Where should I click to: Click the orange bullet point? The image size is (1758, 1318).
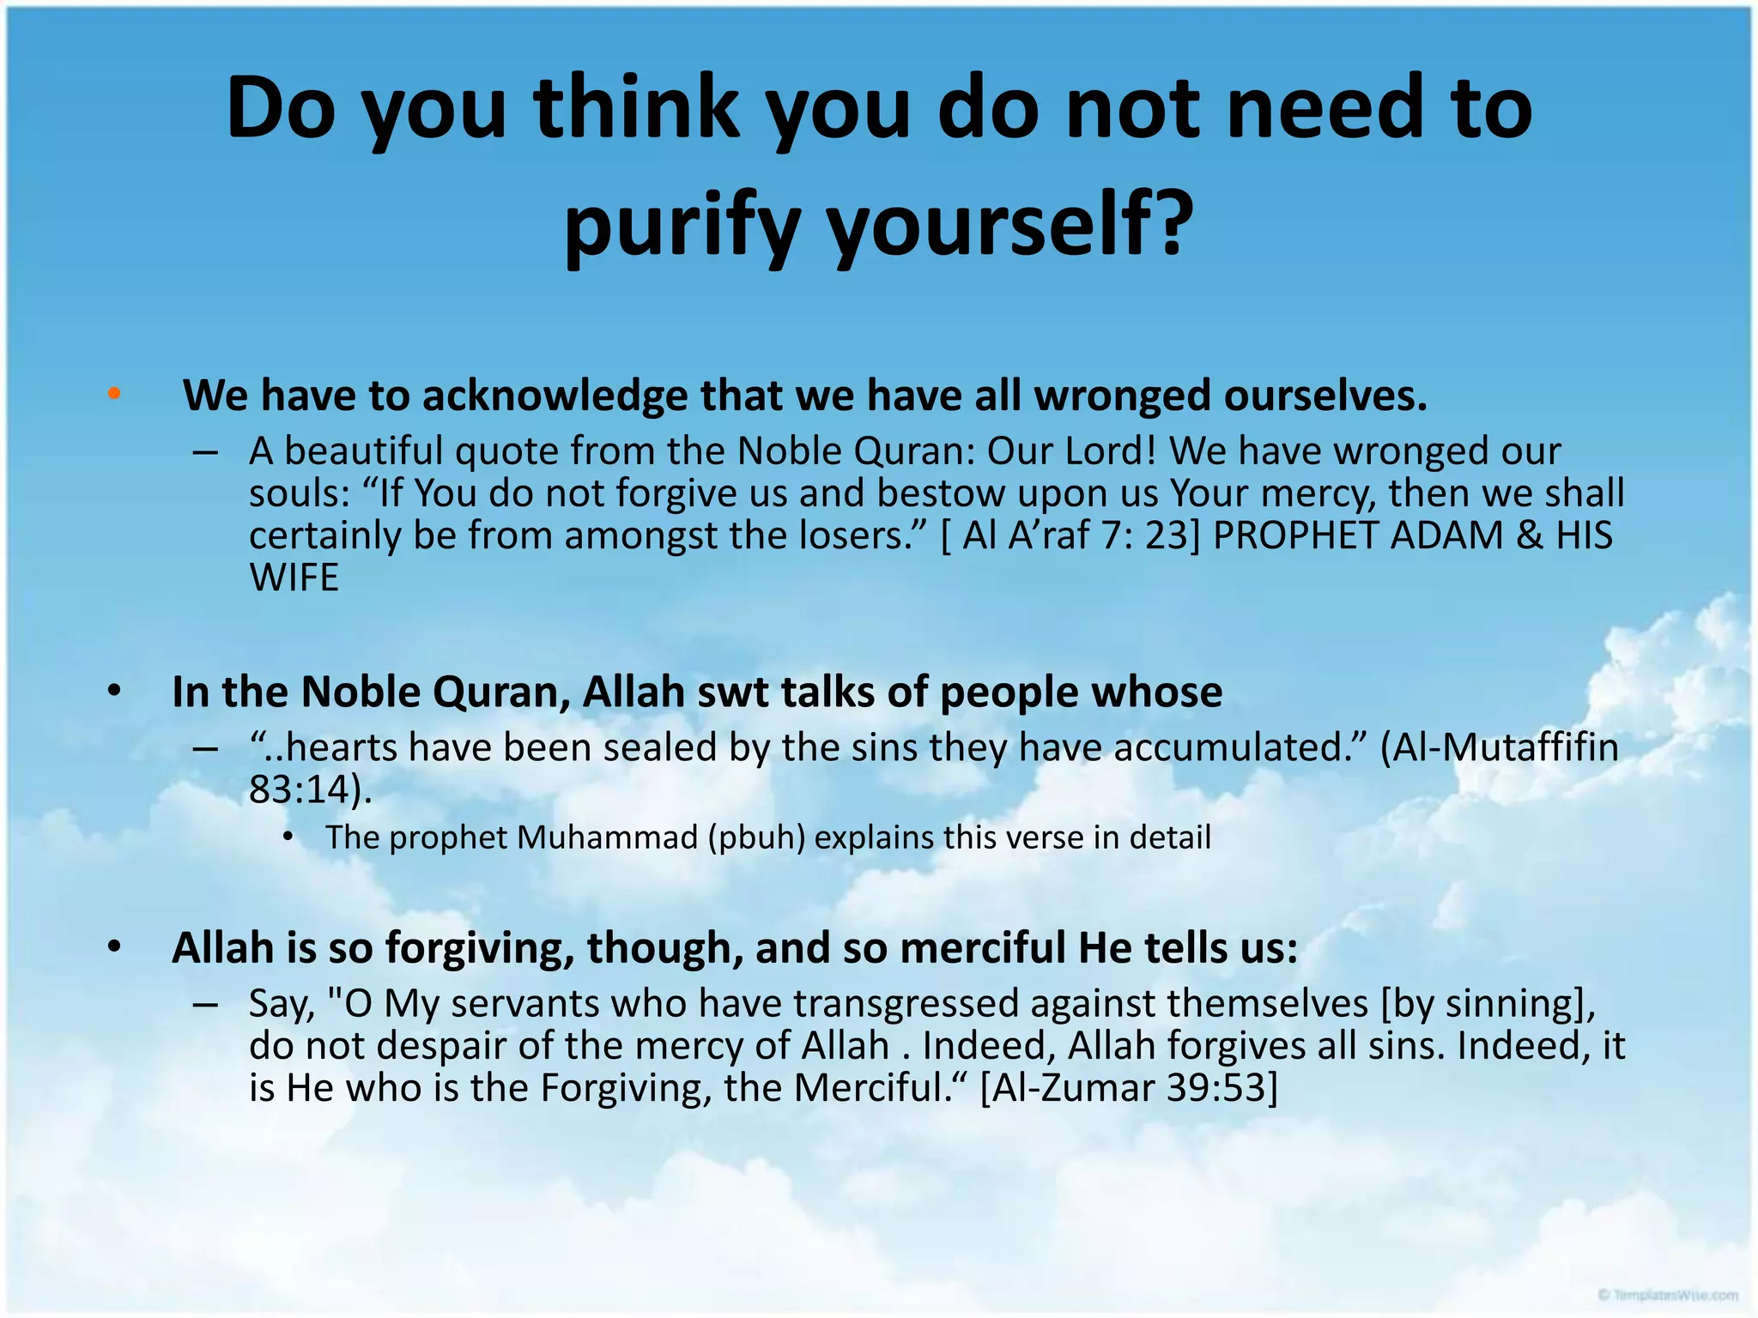pos(114,394)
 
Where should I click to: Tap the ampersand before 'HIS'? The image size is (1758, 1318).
pos(1531,535)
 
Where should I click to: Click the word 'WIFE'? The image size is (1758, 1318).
pos(294,577)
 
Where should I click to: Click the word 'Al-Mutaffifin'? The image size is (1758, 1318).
pos(1499,747)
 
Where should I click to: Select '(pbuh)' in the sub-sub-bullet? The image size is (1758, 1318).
pos(756,837)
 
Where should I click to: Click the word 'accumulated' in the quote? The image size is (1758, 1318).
pos(1233,747)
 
